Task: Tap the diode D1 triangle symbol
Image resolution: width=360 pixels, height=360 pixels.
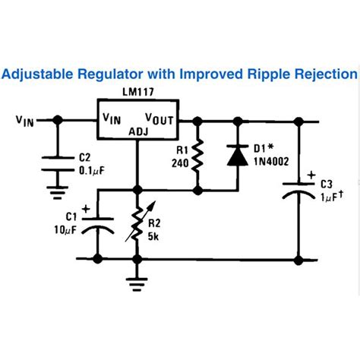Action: click(238, 156)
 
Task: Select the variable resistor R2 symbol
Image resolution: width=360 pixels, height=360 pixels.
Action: click(137, 223)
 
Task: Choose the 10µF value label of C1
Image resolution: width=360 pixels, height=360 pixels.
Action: click(66, 230)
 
